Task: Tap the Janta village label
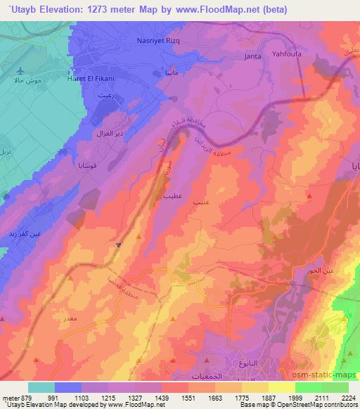pos(252,56)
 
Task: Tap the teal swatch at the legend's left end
pos(41,387)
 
